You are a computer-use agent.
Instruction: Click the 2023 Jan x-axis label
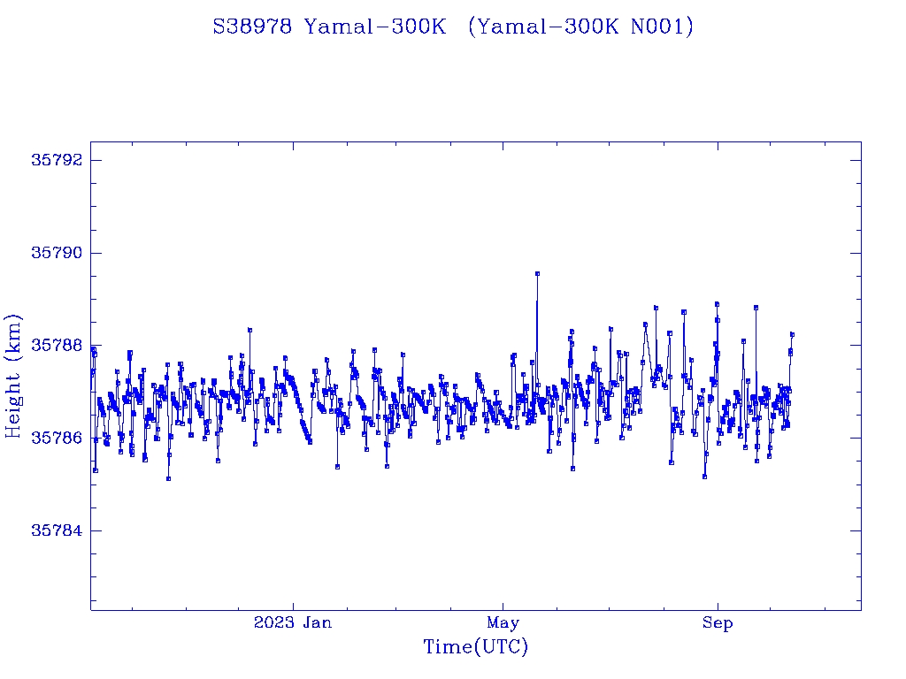tap(293, 622)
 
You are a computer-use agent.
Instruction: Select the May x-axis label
tap(503, 622)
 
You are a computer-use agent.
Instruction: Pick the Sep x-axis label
tap(718, 622)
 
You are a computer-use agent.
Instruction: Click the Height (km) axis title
tap(14, 376)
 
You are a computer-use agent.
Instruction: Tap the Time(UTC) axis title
tap(475, 647)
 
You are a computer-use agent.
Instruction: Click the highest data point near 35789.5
tap(537, 274)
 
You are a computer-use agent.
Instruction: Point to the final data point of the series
tap(793, 334)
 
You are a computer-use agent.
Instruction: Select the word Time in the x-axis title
tap(448, 647)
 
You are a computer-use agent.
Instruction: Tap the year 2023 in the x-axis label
tap(274, 622)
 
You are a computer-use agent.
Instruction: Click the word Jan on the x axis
tap(317, 622)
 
